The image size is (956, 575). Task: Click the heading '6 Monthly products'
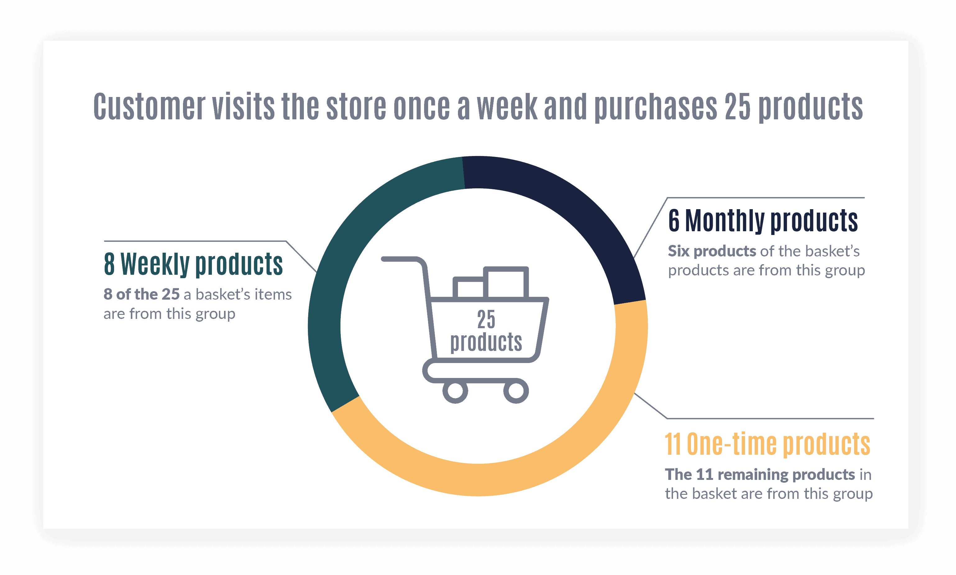[x=763, y=221]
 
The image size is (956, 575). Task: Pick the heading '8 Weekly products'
[x=193, y=264]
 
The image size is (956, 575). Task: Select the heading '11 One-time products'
[x=767, y=444]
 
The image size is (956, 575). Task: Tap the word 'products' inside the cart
[x=486, y=342]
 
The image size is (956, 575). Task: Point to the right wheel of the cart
[x=516, y=391]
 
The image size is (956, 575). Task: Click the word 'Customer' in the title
[x=149, y=107]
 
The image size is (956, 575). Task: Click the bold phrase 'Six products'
[x=712, y=251]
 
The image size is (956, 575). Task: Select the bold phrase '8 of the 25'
[x=141, y=294]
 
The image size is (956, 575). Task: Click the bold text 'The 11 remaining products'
[x=760, y=475]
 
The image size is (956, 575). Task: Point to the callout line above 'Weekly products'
[x=194, y=241]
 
